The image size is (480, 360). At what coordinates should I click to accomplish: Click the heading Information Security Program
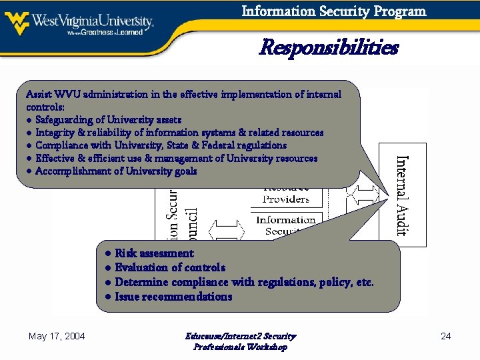[333, 11]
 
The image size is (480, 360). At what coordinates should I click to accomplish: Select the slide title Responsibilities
[328, 48]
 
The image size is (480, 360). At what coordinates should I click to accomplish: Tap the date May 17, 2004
[57, 336]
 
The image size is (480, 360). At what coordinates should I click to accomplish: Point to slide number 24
[446, 336]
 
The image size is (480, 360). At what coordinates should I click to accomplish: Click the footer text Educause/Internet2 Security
[240, 336]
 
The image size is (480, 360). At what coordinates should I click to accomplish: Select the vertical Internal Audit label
[402, 195]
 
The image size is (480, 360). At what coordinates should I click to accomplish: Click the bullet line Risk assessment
[154, 253]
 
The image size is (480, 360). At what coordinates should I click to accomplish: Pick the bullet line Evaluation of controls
[170, 267]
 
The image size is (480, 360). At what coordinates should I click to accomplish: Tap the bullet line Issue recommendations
[173, 297]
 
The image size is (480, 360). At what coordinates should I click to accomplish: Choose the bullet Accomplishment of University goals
[116, 171]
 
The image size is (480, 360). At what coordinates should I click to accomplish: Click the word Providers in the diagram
[285, 199]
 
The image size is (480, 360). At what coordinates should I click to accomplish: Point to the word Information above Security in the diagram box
[285, 220]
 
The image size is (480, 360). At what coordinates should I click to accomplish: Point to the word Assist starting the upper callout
[37, 95]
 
